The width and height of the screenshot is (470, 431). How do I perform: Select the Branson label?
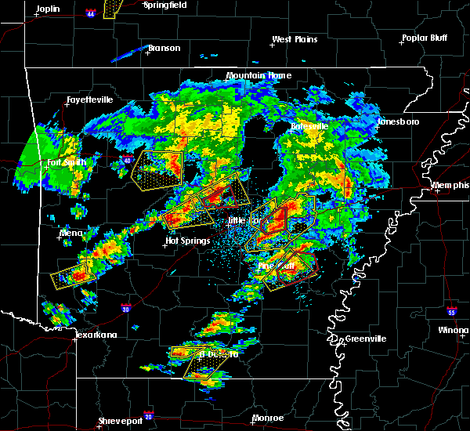click(164, 48)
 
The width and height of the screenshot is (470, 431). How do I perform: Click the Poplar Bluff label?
click(423, 38)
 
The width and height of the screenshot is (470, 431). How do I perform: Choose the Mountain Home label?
click(258, 76)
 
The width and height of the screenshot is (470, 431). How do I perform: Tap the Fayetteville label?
click(89, 100)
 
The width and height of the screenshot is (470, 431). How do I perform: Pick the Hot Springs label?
click(188, 241)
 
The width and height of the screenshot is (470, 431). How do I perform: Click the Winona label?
click(453, 330)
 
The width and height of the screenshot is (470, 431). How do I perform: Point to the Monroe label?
click(268, 418)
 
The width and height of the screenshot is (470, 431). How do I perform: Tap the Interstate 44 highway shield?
click(91, 13)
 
